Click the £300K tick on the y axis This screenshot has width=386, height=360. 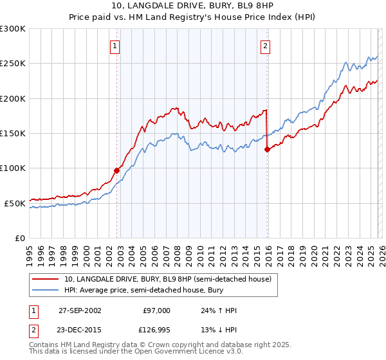pos(13,29)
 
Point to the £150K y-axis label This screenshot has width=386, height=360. pos(13,133)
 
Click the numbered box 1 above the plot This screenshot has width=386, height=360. pos(115,46)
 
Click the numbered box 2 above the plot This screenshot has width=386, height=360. pos(265,46)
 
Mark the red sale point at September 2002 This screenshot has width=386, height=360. pos(117,170)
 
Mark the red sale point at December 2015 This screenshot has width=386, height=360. pos(267,150)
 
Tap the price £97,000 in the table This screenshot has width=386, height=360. pos(157,310)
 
